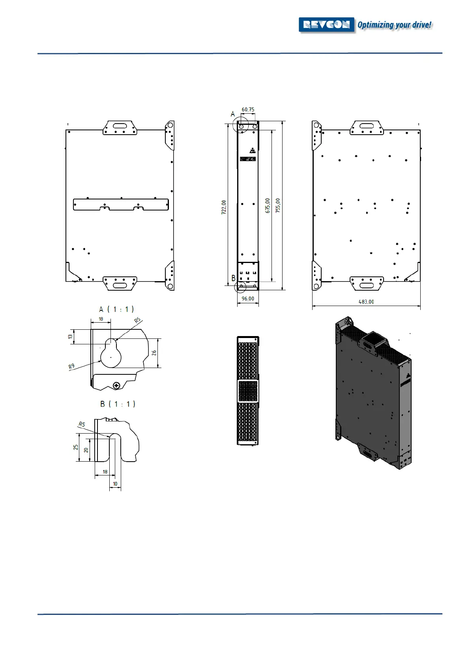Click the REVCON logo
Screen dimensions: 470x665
[327, 25]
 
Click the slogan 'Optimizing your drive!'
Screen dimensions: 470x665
[394, 25]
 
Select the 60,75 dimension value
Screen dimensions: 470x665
[248, 110]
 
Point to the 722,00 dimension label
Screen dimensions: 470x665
[224, 207]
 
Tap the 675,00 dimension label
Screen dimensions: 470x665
[268, 206]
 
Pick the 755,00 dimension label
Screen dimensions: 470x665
[278, 206]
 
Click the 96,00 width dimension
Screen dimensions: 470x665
[248, 299]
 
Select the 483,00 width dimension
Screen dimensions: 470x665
[366, 302]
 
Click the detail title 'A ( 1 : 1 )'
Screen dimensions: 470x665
[116, 309]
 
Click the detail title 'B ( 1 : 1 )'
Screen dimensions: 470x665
[118, 404]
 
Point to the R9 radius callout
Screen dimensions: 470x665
[71, 367]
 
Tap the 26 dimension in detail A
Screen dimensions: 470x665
[154, 353]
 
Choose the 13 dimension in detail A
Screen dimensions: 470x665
[70, 337]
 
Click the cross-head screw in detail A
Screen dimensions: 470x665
[116, 385]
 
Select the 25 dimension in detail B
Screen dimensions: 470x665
[75, 447]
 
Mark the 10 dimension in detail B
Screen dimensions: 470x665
[115, 484]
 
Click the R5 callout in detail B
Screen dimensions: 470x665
[82, 425]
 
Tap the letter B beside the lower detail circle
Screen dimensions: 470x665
[233, 278]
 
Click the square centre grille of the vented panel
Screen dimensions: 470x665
[248, 391]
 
